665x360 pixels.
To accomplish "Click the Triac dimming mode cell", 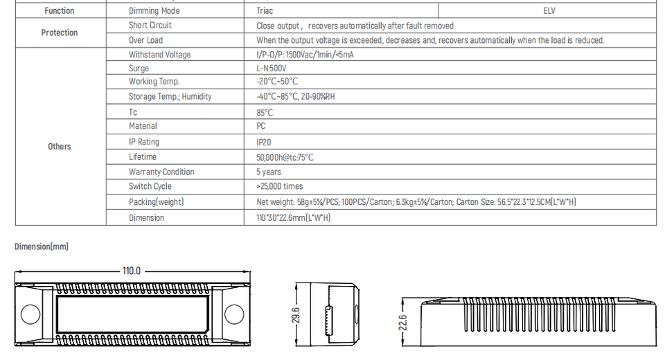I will coord(265,11).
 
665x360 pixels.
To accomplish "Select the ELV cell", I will coord(549,11).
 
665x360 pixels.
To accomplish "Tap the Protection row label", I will coord(60,33).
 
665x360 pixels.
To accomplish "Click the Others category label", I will coord(60,146).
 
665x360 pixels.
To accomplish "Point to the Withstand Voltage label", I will coord(159,55).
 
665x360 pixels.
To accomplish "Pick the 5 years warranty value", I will coord(269,172).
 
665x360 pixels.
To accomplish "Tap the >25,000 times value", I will coord(280,186).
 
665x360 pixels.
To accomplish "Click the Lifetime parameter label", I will coord(143,157).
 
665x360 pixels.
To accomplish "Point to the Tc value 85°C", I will coord(265,112).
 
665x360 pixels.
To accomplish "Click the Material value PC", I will coord(261,126).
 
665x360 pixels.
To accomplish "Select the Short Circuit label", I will coord(150,26).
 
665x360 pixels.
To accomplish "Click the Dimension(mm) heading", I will coord(42,246).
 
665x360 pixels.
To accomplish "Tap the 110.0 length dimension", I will coord(132,271).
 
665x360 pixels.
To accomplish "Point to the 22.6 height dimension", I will coord(403,323).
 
